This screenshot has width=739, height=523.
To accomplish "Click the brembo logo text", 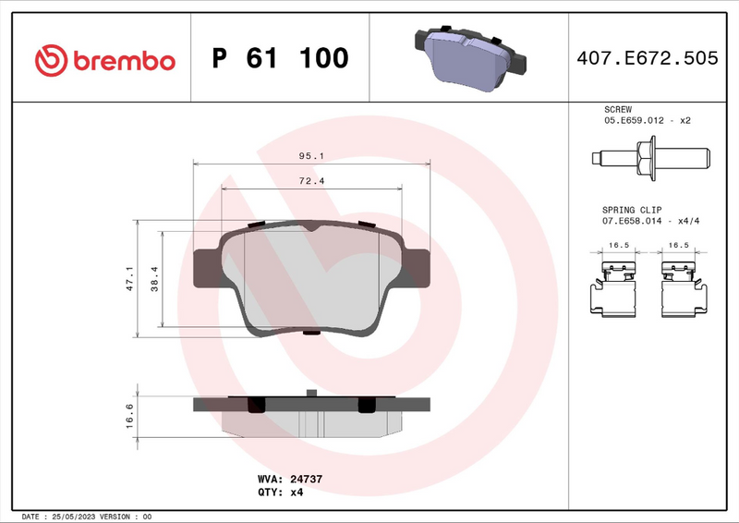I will (123, 61).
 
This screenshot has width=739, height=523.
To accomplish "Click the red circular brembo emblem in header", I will (51, 60).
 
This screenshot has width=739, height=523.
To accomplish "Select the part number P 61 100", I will (280, 59).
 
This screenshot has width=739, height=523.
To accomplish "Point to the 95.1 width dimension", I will (311, 156).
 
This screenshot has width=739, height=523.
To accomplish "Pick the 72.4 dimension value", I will (311, 181).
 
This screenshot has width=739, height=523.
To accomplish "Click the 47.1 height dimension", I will (130, 279).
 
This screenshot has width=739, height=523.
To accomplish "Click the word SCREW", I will (617, 109).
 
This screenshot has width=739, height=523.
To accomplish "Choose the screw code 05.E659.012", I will (635, 121).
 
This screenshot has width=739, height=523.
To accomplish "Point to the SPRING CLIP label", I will (632, 211).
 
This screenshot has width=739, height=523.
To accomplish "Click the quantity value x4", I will (297, 493).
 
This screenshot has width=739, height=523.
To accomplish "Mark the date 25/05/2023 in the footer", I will (75, 516).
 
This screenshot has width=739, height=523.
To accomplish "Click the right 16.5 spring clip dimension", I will (679, 246).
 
